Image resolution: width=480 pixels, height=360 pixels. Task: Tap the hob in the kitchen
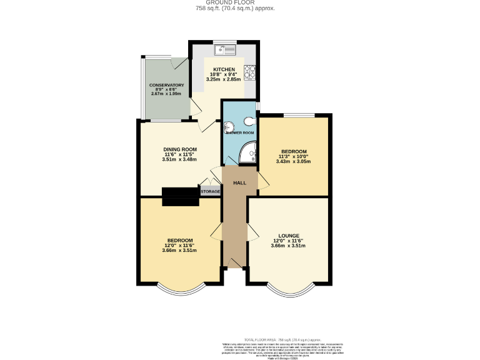click(x=250, y=73)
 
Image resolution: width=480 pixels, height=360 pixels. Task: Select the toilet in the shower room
click(x=251, y=121)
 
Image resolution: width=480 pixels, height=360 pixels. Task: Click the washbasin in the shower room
click(x=228, y=124)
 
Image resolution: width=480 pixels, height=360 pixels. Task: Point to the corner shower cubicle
click(x=249, y=150)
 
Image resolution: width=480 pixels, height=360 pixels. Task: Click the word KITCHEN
click(x=224, y=69)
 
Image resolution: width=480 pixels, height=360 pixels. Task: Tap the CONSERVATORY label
click(x=166, y=84)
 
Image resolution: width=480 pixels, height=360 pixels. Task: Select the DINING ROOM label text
click(x=180, y=149)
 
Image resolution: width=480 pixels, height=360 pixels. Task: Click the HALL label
click(x=239, y=183)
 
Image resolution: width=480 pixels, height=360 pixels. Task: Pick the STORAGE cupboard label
click(x=211, y=191)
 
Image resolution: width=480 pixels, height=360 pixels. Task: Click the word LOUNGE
click(x=288, y=236)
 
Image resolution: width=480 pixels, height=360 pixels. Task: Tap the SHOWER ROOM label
click(x=240, y=133)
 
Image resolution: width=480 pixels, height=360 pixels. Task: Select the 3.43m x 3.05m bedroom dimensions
click(x=293, y=161)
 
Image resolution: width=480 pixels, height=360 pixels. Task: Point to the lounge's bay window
click(x=288, y=291)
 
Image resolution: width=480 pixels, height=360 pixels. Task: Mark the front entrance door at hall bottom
click(x=236, y=263)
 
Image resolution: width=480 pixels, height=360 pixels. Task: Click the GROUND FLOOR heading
click(x=240, y=3)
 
